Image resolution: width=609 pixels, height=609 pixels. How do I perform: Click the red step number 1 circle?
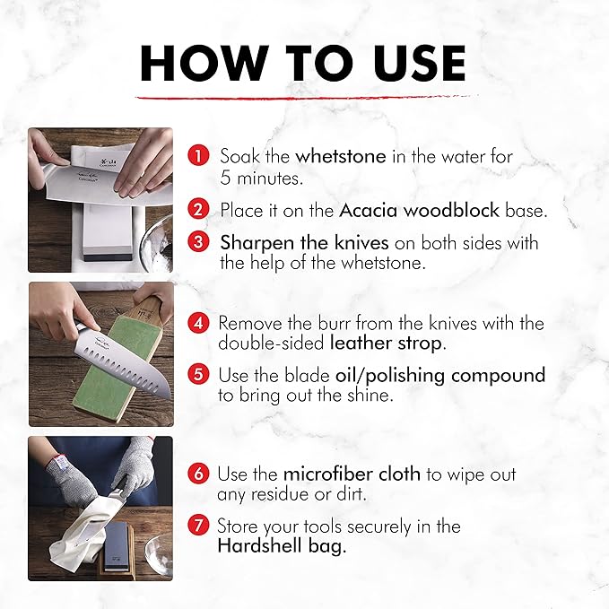point(198,156)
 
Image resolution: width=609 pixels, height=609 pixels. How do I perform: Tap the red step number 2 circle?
point(198,209)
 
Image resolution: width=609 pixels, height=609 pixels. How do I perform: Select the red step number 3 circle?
point(198,242)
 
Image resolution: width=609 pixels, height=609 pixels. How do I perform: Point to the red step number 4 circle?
point(198,323)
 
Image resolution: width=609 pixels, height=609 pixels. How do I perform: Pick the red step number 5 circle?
point(198,374)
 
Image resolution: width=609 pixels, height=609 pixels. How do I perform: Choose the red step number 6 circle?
point(198,474)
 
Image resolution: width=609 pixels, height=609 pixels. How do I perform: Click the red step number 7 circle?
point(198,526)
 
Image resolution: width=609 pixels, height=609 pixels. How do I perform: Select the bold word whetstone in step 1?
point(341,157)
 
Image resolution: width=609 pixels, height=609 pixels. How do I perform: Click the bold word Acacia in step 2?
point(369,210)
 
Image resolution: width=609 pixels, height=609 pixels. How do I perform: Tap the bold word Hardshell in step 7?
point(259,545)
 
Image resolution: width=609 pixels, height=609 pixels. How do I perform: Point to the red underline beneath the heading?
point(307,97)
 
